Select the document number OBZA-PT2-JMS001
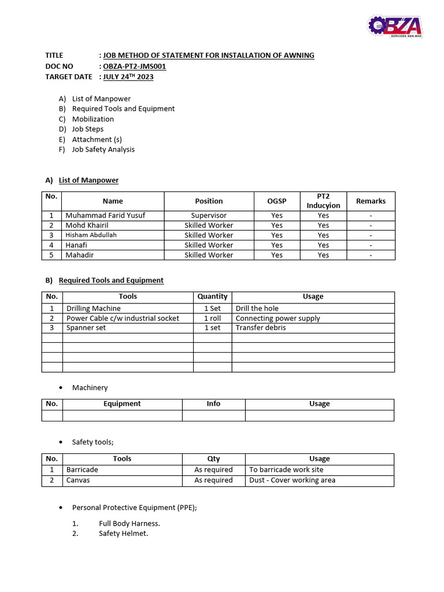pos(135,66)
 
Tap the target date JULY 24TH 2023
pos(128,76)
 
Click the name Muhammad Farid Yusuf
pos(105,215)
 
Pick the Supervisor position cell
pos(209,215)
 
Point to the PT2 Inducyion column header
pos(323,201)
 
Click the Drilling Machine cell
pos(94,309)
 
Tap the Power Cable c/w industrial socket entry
pos(123,318)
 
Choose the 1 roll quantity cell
pos(212,318)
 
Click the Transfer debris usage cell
pos(261,328)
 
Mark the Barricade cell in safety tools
pos(82,470)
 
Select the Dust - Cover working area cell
pos(292,480)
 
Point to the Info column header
pos(213,404)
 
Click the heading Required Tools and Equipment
pos(111,280)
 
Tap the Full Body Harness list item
pos(129,523)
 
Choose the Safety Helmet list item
pos(123,534)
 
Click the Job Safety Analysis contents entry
pos(103,149)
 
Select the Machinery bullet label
pos(90,387)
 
